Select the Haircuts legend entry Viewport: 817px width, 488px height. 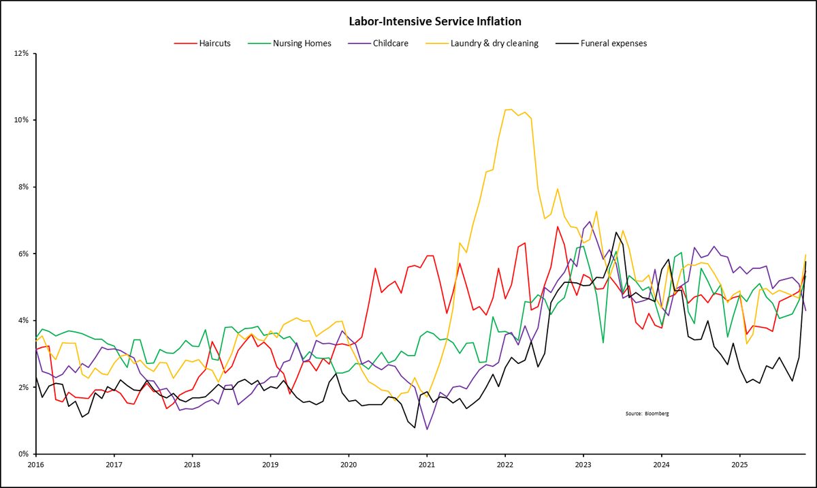pos(212,43)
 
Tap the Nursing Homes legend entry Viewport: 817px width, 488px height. pos(302,43)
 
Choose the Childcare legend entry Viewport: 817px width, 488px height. pos(391,43)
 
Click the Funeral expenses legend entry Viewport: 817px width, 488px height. pos(613,43)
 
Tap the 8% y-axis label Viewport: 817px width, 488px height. pos(20,187)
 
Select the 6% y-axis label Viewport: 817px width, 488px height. pos(20,254)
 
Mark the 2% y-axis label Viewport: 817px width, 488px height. pos(20,387)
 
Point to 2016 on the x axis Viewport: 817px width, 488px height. pos(36,466)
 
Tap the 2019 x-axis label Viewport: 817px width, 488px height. pos(270,466)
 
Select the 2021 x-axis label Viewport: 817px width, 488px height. pos(426,466)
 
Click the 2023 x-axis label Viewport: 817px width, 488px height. pos(583,466)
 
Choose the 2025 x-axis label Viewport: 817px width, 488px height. pos(739,466)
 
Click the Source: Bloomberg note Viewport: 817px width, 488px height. pos(647,414)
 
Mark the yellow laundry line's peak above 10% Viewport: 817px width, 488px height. pos(508,109)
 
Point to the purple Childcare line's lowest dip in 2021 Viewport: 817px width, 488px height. pos(427,429)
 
